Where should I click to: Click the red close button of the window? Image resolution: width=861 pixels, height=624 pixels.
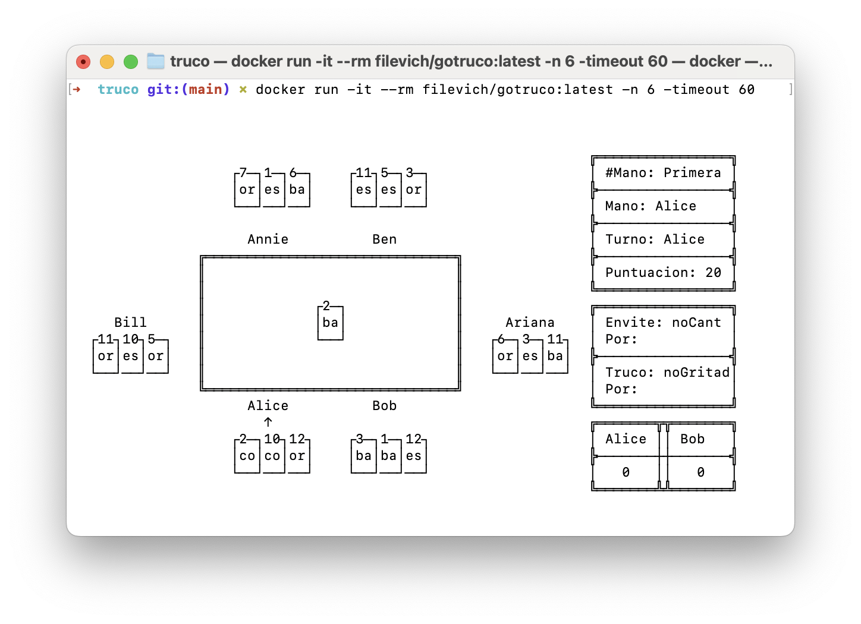(83, 62)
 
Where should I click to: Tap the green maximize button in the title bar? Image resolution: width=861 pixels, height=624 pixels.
(131, 62)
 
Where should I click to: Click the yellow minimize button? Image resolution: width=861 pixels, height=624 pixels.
(107, 62)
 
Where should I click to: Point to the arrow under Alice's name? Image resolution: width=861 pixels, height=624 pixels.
(268, 422)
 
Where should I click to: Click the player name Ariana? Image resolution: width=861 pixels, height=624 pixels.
(530, 322)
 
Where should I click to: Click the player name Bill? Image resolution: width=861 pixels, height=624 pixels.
(130, 322)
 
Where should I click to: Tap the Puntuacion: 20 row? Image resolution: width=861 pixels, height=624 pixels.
(663, 272)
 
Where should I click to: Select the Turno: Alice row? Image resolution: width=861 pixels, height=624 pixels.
(663, 239)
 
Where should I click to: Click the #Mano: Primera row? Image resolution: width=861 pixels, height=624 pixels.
(663, 172)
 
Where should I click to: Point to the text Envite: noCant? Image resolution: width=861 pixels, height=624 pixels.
(663, 322)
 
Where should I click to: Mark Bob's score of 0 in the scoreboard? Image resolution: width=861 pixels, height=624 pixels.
(700, 472)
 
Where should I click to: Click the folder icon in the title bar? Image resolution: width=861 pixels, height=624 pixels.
(156, 61)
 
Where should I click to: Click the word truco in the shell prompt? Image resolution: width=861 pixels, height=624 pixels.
(118, 90)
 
